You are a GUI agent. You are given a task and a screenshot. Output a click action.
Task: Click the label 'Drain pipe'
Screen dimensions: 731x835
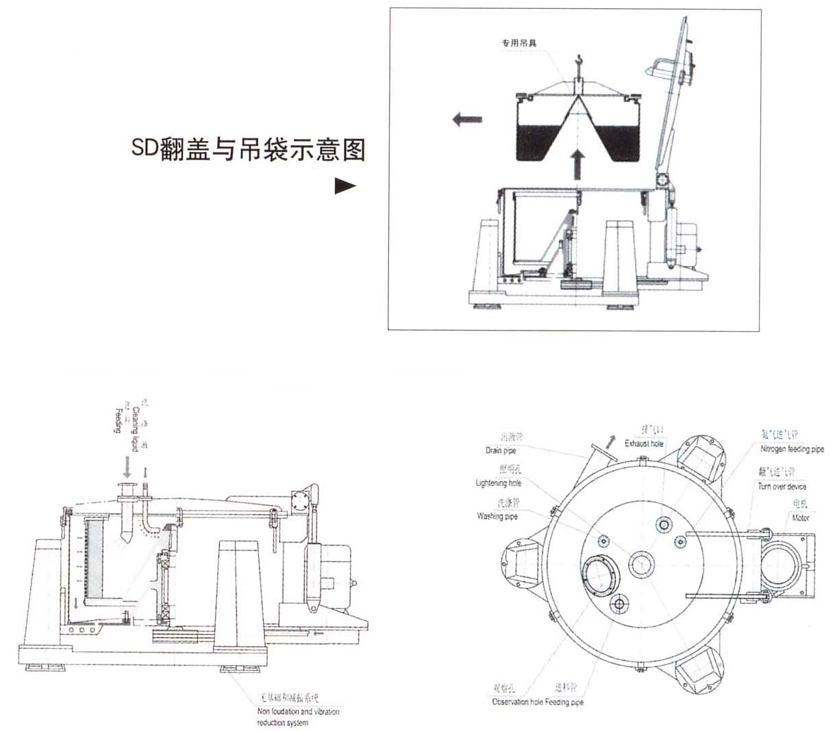click(501, 450)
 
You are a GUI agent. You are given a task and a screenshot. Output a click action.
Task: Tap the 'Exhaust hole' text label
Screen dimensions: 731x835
click(644, 444)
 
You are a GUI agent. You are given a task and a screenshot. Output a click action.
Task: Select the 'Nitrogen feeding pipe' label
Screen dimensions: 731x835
click(792, 450)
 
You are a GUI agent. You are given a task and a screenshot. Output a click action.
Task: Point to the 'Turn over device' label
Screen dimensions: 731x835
click(782, 487)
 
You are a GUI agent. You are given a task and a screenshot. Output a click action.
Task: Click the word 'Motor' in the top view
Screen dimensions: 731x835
click(800, 518)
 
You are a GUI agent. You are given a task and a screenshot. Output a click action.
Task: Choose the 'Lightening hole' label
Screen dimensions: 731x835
click(498, 483)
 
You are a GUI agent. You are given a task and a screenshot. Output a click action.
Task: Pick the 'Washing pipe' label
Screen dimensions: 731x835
click(497, 516)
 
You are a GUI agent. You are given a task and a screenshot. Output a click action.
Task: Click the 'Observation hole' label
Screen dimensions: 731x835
click(517, 702)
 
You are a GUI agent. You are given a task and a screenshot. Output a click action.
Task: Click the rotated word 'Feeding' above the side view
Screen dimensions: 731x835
click(118, 420)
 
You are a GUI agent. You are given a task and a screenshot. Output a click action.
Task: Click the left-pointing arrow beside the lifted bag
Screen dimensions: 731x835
click(466, 120)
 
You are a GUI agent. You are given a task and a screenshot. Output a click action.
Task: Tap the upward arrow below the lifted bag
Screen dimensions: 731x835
click(579, 164)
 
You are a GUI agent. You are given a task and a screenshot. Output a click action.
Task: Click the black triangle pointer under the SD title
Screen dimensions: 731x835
click(345, 186)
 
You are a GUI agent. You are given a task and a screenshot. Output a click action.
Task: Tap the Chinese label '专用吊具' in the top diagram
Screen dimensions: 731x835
click(519, 42)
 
